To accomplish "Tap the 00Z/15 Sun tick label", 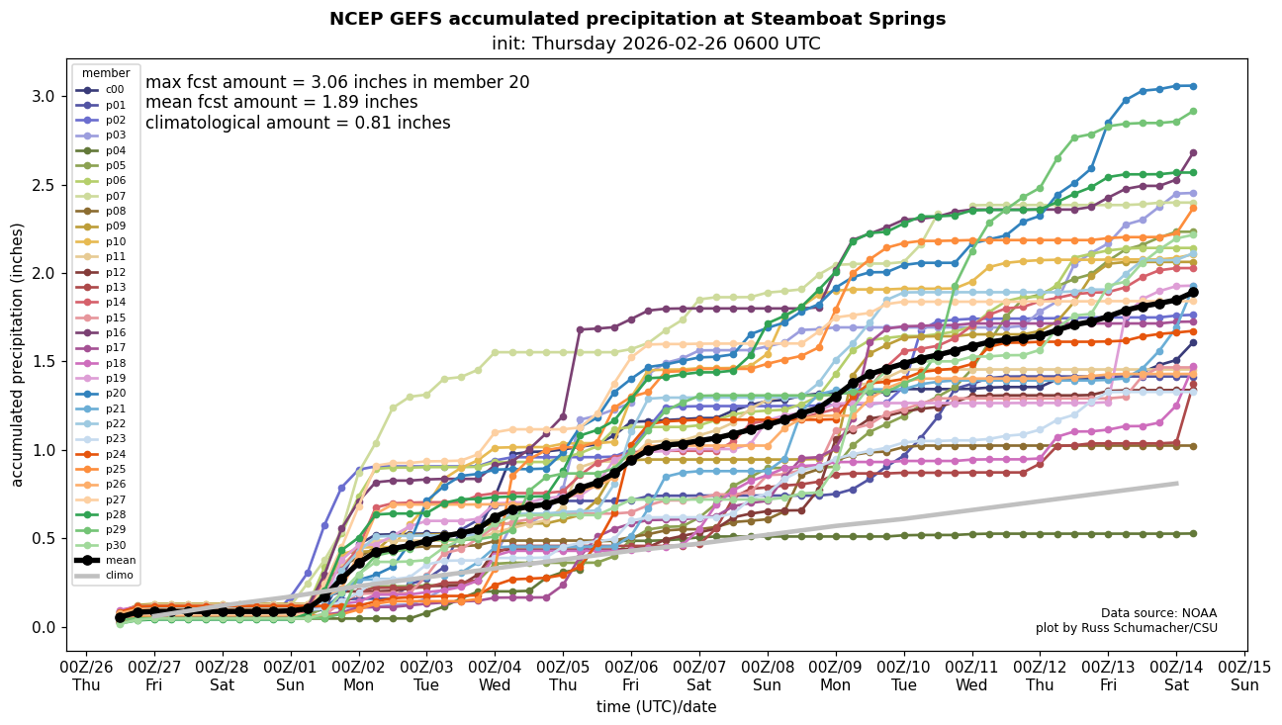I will click(1244, 673).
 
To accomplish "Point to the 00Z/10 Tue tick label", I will click(904, 673).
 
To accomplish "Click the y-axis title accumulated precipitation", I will click(17, 354).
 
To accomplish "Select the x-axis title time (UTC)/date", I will click(656, 707).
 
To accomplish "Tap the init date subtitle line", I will click(656, 44).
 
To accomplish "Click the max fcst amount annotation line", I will click(337, 82).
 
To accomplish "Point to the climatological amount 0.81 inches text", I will click(298, 123).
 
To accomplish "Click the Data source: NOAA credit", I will click(1158, 613).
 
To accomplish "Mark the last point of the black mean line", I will click(1193, 293).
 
